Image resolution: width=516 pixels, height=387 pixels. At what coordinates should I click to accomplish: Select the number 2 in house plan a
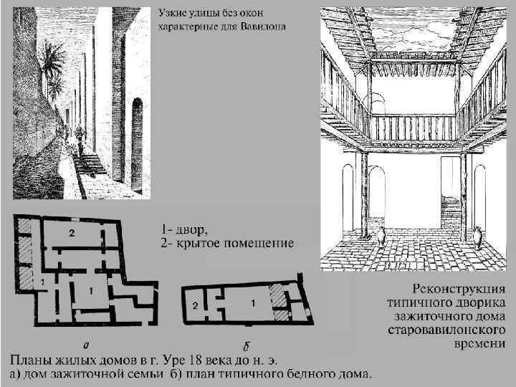[x=72, y=234]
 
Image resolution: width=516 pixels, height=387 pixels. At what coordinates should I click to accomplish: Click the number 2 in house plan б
[x=196, y=305]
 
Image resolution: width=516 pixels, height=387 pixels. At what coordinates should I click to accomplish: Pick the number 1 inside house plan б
[x=251, y=303]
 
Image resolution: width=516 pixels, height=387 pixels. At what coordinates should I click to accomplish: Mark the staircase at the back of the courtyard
[x=451, y=214]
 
